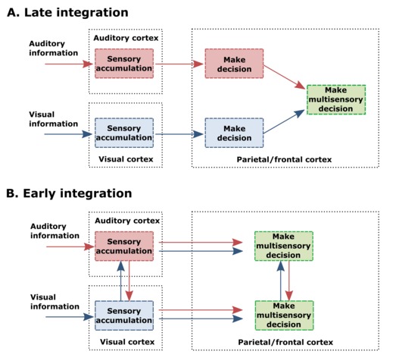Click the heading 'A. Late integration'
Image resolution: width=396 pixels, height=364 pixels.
67,12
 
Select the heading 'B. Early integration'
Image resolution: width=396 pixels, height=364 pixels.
69,193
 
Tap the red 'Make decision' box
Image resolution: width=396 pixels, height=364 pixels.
234,64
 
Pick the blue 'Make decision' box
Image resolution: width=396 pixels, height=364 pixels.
234,133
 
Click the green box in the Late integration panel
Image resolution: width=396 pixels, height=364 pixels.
336,99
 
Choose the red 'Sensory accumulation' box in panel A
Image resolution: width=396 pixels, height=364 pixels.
124,64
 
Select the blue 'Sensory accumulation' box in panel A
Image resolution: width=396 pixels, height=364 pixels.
124,133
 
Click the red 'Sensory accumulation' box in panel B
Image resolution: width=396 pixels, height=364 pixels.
124,246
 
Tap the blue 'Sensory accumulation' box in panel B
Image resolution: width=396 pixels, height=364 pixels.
124,315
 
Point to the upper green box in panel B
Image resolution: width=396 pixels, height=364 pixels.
284,246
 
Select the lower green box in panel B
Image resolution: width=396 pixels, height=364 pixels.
284,315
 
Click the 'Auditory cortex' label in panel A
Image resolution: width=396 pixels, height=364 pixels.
126,38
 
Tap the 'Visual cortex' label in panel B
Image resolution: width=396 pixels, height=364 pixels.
127,342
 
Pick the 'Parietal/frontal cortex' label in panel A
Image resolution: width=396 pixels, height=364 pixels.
284,159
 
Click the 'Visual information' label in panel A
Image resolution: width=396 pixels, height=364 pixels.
53,119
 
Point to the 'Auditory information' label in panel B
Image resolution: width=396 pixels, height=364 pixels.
55,231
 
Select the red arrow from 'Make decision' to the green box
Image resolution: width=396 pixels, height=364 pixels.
285,77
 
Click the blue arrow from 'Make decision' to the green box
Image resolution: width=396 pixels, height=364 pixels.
284,121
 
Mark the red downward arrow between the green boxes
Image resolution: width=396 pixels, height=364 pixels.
289,281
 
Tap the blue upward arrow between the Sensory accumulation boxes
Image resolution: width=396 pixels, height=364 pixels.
121,281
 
